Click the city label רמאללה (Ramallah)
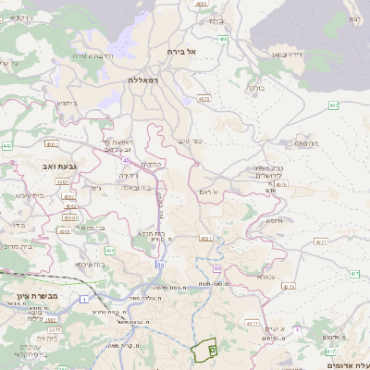(x=146, y=80)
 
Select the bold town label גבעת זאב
(x=58, y=166)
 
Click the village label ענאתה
(x=265, y=277)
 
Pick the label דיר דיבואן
(x=287, y=55)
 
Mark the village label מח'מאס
(x=305, y=143)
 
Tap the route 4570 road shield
(x=203, y=98)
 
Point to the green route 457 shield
(x=355, y=274)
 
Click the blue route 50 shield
(x=160, y=265)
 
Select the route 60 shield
(x=216, y=268)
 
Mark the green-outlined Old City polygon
(x=203, y=351)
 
